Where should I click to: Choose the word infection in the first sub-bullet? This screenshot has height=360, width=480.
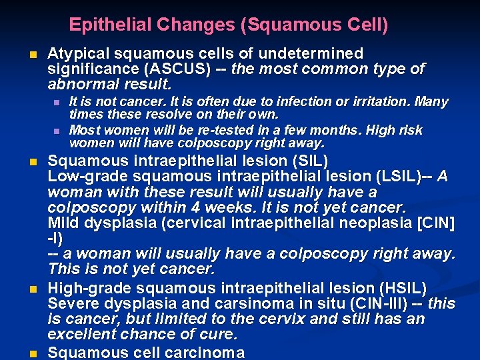[297, 102]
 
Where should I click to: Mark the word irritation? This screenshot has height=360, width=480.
[383, 102]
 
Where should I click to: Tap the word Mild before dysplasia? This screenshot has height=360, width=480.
[63, 223]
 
